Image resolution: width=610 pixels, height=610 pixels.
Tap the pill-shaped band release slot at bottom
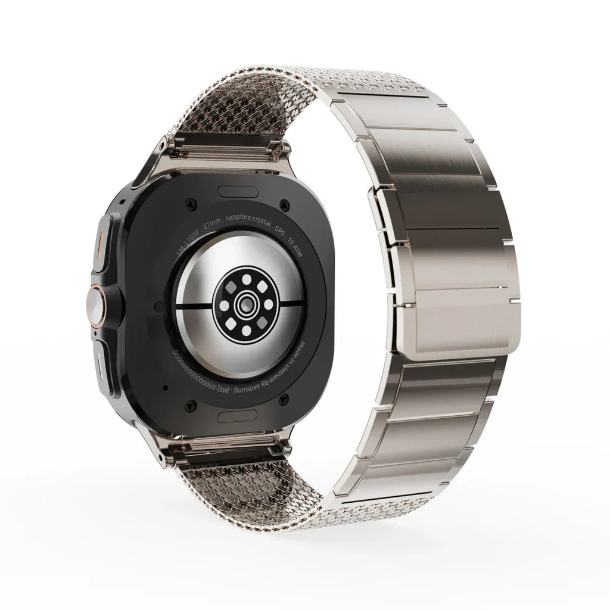[x=237, y=415]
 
